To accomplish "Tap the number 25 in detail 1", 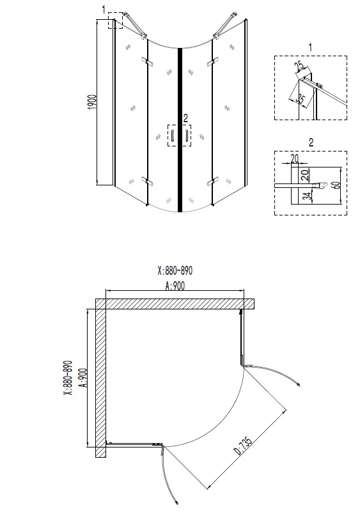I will (x=299, y=68).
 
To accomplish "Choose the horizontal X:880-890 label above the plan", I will (x=175, y=270).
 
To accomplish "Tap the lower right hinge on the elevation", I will (x=210, y=182).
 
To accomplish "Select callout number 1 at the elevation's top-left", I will (x=104, y=9).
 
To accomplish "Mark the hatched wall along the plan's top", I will (x=173, y=303).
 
